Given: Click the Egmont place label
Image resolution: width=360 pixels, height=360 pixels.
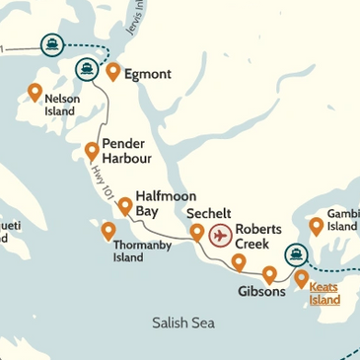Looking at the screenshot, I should (x=149, y=74).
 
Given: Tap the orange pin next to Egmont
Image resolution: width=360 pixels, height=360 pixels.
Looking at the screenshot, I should (x=113, y=71).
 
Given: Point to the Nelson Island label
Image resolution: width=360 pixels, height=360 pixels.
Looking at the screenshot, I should (x=62, y=105).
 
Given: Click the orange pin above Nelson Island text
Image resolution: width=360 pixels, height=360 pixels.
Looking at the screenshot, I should (x=35, y=92).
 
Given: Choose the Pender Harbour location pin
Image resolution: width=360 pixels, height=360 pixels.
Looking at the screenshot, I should (x=92, y=151).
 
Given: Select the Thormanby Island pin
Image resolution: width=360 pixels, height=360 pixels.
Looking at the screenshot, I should (x=108, y=230).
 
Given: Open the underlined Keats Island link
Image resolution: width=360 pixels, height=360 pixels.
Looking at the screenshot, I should (x=324, y=293).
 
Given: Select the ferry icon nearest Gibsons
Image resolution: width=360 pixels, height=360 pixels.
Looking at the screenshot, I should (x=295, y=255).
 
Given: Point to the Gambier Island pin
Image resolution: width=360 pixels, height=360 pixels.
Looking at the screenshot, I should (x=316, y=225).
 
